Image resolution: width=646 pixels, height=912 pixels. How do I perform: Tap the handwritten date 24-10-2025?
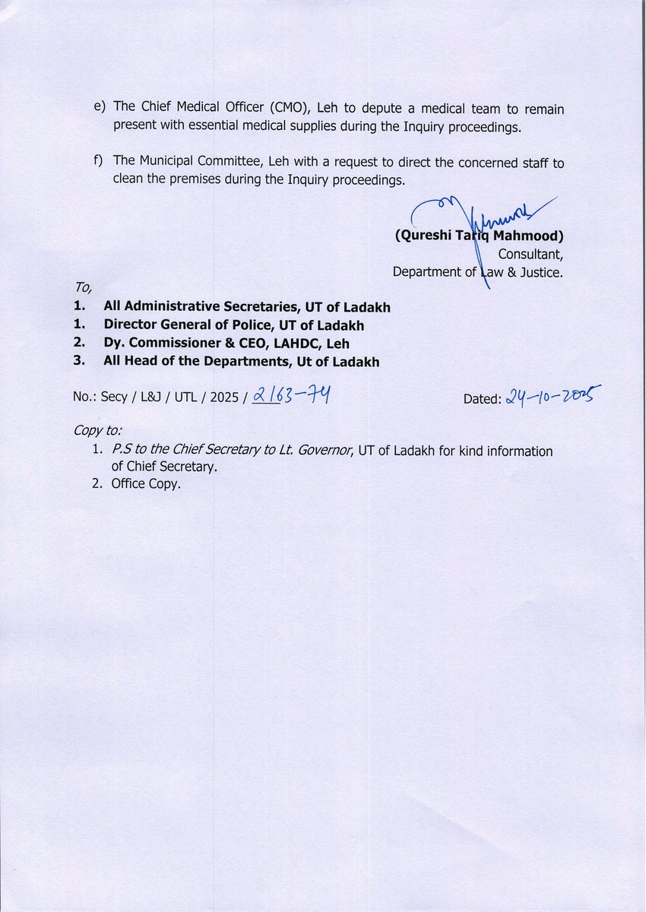pos(553,395)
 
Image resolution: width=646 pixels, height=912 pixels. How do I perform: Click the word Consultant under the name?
pos(530,254)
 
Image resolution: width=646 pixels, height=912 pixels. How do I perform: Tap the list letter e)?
pos(99,109)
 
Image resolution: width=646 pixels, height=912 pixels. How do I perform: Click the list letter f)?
pos(99,162)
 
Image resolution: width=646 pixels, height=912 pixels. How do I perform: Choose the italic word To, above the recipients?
pos(82,288)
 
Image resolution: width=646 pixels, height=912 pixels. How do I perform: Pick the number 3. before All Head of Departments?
pos(78,362)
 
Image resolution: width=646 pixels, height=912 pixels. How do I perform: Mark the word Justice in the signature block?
pos(540,272)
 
